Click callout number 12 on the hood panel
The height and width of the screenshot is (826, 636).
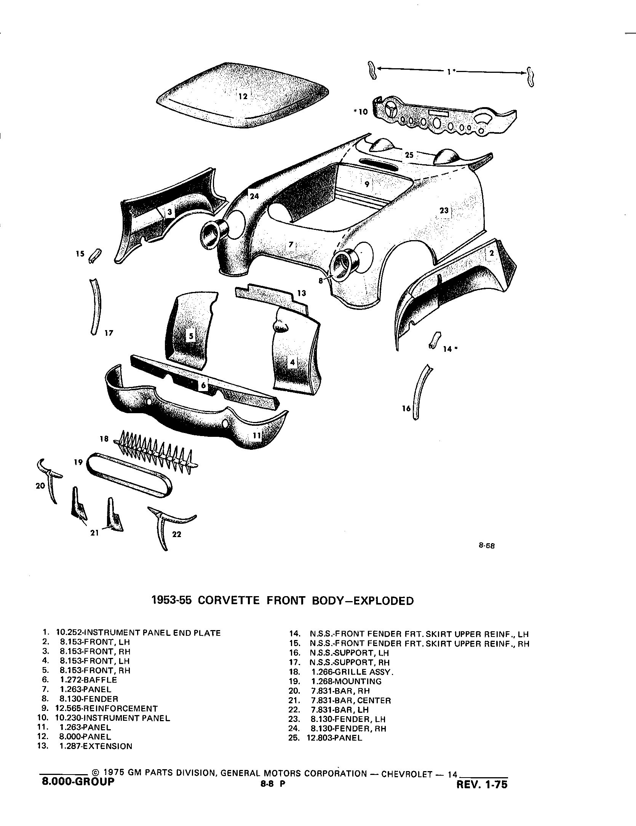coord(243,96)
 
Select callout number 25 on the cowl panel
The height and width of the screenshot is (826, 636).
coord(409,155)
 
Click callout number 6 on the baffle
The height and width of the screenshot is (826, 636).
coord(204,385)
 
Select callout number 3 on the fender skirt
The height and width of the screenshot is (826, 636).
coord(169,212)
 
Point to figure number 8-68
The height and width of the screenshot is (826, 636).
coord(486,545)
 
